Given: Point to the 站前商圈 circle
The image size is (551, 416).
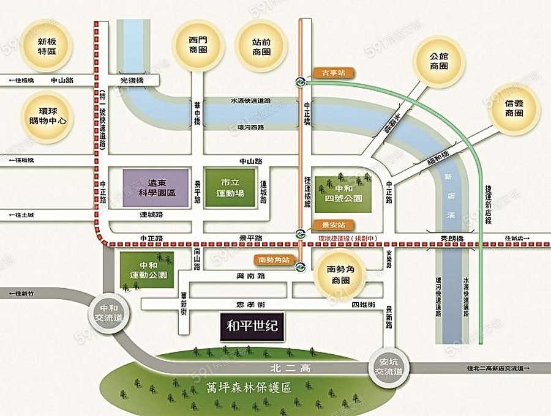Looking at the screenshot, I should (261, 46).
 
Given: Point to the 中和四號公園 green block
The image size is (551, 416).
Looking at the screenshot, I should (343, 193).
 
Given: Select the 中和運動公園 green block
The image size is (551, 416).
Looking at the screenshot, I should (147, 270).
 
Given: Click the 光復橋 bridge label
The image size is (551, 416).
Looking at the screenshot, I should (131, 80).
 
